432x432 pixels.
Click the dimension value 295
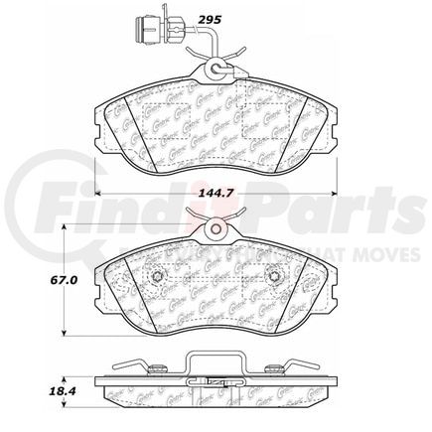[236, 19]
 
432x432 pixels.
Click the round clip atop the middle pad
[216, 232]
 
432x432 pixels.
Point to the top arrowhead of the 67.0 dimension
[67, 229]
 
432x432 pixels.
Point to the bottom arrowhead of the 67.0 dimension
[67, 334]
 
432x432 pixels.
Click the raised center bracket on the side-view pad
[216, 362]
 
